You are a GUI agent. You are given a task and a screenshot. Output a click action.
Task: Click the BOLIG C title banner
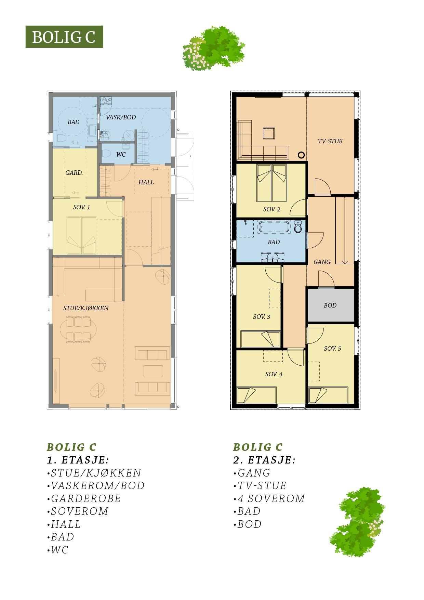(64, 37)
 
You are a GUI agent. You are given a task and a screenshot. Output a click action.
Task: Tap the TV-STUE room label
(330, 141)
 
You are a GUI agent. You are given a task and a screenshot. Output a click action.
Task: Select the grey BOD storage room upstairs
(330, 305)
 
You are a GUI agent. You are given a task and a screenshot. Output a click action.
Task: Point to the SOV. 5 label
(332, 349)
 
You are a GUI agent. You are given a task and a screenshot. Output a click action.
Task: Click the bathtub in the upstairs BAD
(274, 227)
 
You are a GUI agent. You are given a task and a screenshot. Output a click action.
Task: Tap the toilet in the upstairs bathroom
(298, 226)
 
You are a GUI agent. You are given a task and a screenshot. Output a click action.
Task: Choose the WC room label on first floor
(121, 155)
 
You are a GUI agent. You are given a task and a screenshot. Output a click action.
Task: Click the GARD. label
(74, 173)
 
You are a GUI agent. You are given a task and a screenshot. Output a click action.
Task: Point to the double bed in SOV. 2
(272, 183)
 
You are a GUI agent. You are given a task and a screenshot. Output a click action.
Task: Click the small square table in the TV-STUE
(269, 133)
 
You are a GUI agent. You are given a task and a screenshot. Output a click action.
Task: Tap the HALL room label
(146, 182)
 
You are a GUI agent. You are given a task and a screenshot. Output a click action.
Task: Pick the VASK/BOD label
(121, 117)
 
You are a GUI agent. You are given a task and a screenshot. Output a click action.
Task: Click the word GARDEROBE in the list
(86, 498)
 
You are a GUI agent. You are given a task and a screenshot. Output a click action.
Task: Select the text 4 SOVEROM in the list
(271, 498)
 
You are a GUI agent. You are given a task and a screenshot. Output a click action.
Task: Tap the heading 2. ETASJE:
(264, 460)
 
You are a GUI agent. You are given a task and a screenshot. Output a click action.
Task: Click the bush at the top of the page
(214, 48)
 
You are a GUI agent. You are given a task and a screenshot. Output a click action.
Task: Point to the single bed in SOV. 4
(256, 395)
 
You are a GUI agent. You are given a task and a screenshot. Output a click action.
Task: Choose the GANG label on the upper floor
(322, 262)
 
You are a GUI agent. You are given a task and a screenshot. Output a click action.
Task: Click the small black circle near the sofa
(301, 155)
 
